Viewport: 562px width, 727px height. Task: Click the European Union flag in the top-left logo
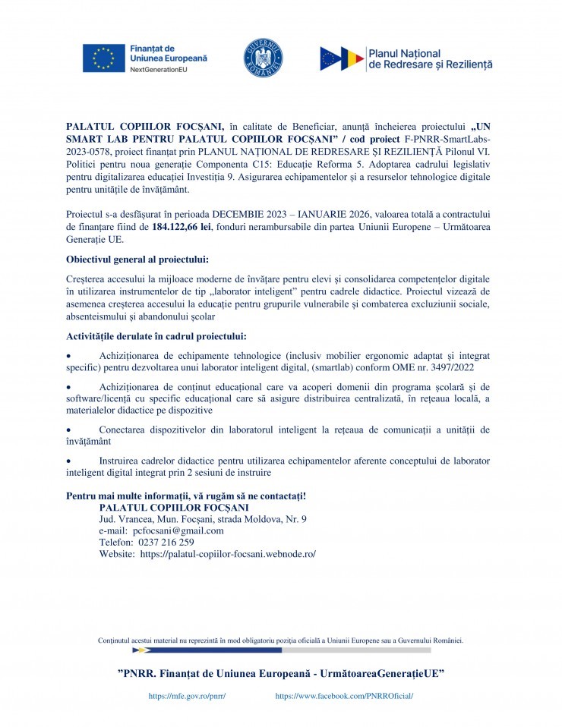coord(103,58)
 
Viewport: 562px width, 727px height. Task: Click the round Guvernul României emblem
coord(263,58)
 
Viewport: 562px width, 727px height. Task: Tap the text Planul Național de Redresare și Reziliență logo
coord(429,59)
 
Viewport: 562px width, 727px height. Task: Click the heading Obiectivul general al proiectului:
coord(137,260)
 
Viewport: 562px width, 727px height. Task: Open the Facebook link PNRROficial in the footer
coord(344,695)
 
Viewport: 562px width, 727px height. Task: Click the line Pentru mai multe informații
coord(186,496)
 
